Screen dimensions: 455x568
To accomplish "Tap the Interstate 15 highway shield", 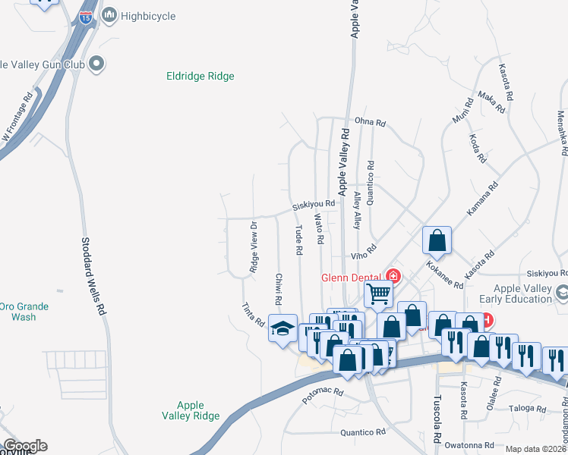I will [x=87, y=17].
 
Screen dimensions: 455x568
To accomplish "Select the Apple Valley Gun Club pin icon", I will [x=96, y=64].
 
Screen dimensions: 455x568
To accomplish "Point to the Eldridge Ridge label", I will [x=200, y=77].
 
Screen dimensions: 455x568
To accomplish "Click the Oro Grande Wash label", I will [x=24, y=312].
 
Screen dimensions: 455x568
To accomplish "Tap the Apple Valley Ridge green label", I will [x=191, y=410].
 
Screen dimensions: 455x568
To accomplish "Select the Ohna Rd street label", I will [x=371, y=122].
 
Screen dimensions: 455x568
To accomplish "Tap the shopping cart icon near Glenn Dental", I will [x=378, y=293].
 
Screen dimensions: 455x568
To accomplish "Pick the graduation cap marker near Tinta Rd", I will [x=282, y=329].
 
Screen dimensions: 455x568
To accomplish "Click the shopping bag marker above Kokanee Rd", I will [x=437, y=240].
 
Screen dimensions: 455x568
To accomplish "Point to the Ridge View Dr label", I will [x=254, y=247].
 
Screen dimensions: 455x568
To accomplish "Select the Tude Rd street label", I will [x=298, y=240].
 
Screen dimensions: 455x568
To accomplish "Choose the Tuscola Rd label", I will [x=437, y=419].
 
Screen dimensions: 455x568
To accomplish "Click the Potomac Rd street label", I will [x=323, y=397].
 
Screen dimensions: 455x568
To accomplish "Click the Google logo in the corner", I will [x=24, y=446].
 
